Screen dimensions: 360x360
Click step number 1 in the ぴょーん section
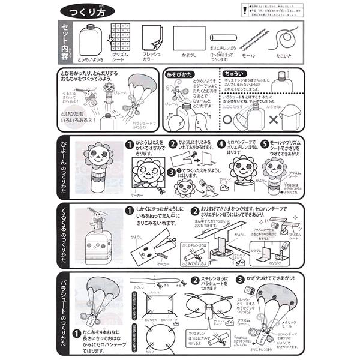[x=128, y=145]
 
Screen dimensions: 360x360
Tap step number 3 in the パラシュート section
[x=240, y=280]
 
